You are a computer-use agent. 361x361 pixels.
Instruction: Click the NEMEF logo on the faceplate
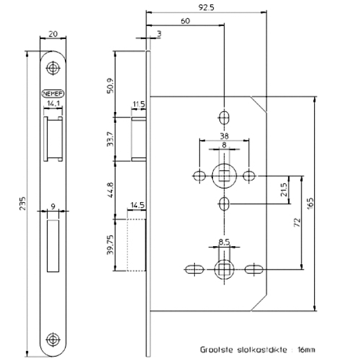[54, 93]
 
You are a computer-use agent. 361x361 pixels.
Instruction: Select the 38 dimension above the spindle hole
[224, 135]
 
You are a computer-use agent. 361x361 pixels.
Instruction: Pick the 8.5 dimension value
[224, 242]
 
